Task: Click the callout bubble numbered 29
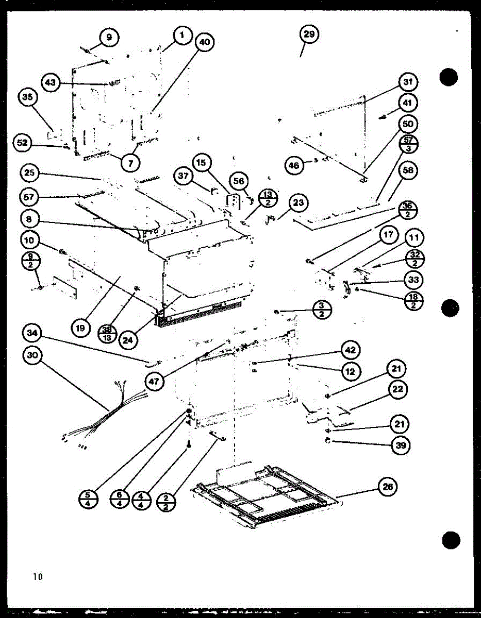309,35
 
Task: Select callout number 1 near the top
181,35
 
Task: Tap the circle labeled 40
205,43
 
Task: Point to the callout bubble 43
51,82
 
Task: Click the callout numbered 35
28,98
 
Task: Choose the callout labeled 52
23,143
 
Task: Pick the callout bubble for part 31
408,82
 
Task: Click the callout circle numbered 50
408,124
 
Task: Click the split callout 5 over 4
88,499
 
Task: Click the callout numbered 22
399,389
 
